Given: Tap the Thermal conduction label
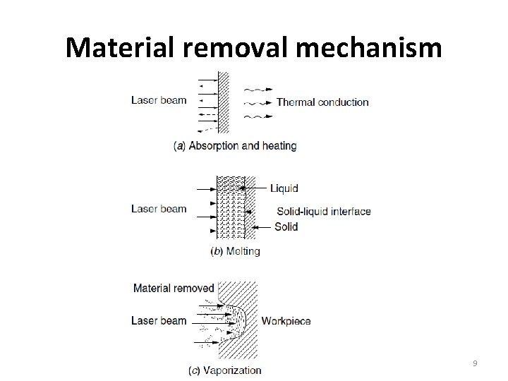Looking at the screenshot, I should coord(322,102).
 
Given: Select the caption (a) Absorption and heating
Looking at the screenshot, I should coord(235,146).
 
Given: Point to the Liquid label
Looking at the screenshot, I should coord(284,188).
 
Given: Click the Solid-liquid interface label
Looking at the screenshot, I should coord(323,212).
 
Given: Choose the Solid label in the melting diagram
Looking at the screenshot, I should coord(286,227).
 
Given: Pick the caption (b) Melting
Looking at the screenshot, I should coord(235,251).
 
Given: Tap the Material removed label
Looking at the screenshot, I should coord(173,288).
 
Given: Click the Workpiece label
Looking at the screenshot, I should coord(286,321).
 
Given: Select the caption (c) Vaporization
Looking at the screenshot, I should coord(224,370).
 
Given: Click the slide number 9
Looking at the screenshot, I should coord(475,363).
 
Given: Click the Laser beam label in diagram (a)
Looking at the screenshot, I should coord(159,100).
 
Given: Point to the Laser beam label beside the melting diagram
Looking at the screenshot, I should coord(159,209).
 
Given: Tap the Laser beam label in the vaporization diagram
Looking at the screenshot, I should coord(159,321).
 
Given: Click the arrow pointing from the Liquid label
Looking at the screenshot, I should coord(254,188).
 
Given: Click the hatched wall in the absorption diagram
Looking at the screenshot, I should coord(224,102).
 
